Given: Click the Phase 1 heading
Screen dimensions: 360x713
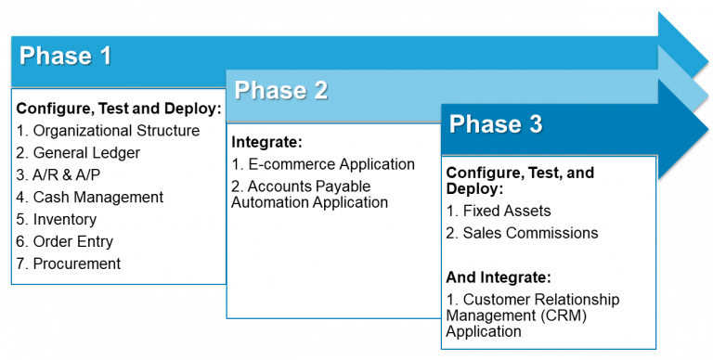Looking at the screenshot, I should pos(65,56).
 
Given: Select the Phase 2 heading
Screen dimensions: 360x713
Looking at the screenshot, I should pos(280,90).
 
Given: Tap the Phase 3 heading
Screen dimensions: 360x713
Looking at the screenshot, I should pos(496,124).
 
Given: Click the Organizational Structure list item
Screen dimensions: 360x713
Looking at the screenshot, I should pos(108,131).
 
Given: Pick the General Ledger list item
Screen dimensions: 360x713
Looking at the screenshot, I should pos(77,153).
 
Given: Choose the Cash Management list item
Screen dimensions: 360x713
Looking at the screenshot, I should pos(90,198).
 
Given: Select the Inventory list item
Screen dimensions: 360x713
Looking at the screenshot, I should pos(57,220).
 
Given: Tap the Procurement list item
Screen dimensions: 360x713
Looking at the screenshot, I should pos(69,264).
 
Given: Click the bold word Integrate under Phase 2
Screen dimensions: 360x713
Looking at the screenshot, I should pos(267,143).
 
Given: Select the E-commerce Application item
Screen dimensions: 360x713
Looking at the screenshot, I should pos(323,165).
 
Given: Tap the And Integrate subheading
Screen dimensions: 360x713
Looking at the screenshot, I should pos(499,277).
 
